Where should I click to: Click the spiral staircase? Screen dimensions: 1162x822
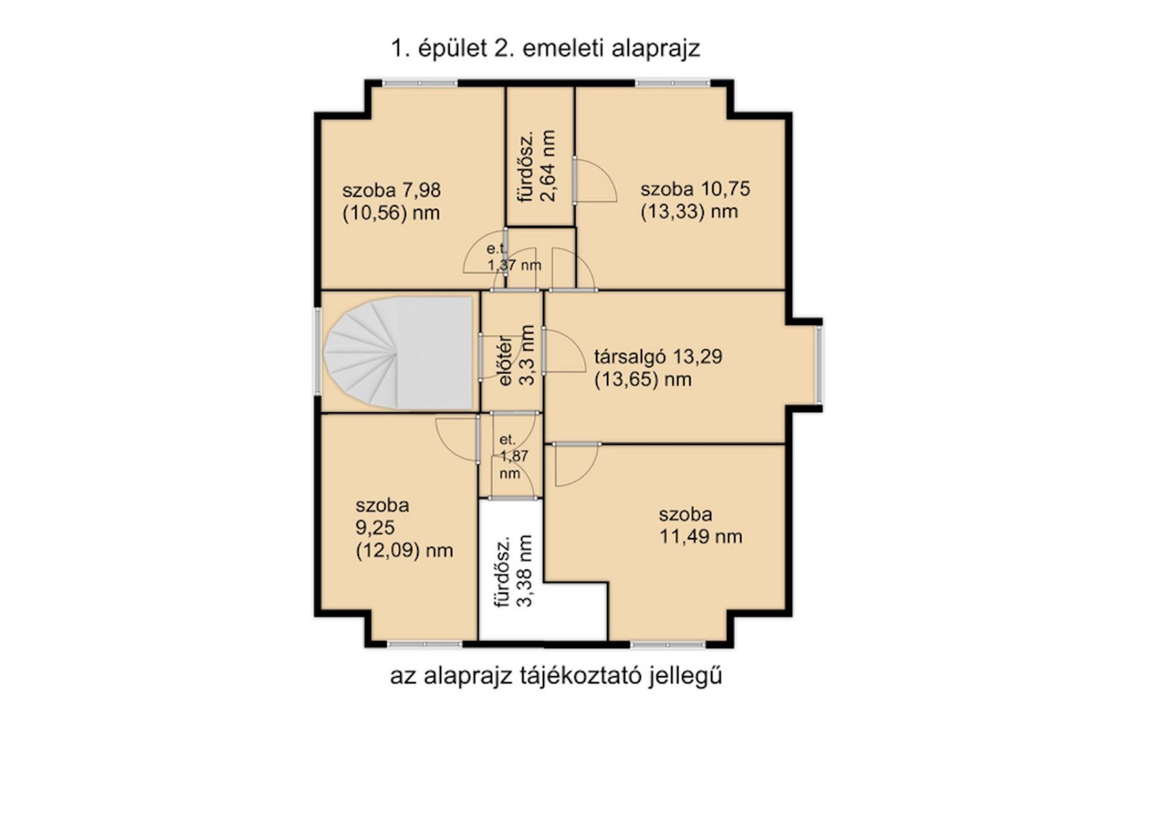398,353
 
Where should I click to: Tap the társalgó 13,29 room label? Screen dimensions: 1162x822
658,367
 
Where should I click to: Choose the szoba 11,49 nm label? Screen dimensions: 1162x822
701,525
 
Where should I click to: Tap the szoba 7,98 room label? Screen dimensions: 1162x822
391,201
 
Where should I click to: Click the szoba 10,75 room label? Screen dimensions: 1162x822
695,200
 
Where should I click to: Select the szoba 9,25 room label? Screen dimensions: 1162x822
404,528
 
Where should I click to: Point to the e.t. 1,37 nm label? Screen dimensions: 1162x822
514,257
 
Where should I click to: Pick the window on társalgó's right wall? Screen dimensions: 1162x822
819,364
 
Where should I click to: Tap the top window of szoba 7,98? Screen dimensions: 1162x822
420,83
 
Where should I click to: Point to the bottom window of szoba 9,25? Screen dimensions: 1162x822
425,643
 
